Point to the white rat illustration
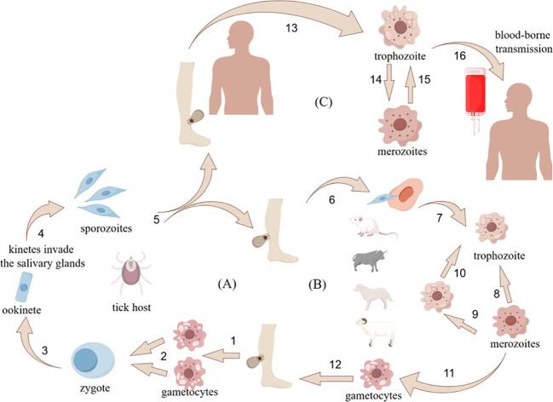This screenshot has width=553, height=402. click(374, 227)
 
